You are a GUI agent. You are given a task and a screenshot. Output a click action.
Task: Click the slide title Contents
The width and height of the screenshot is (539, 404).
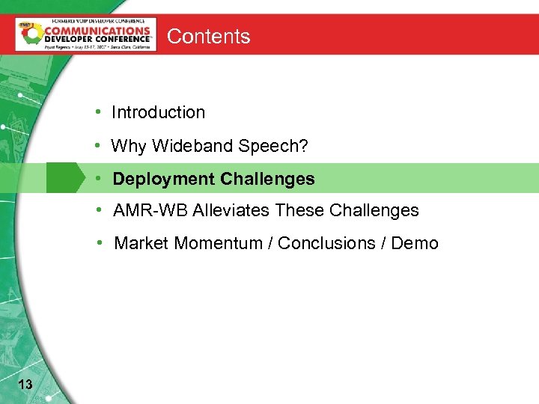click(208, 36)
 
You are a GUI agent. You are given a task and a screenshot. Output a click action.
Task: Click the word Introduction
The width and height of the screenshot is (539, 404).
click(158, 112)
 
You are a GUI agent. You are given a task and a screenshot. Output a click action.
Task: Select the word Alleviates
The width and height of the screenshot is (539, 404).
click(231, 211)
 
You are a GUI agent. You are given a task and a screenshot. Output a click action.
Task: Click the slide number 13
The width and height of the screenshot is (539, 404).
click(25, 385)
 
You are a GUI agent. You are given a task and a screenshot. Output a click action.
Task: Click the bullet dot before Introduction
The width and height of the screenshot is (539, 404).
click(98, 112)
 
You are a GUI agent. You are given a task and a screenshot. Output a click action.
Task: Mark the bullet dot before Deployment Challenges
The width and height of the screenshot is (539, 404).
click(99, 180)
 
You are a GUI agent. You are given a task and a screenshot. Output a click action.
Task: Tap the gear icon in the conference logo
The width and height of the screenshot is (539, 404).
click(31, 35)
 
